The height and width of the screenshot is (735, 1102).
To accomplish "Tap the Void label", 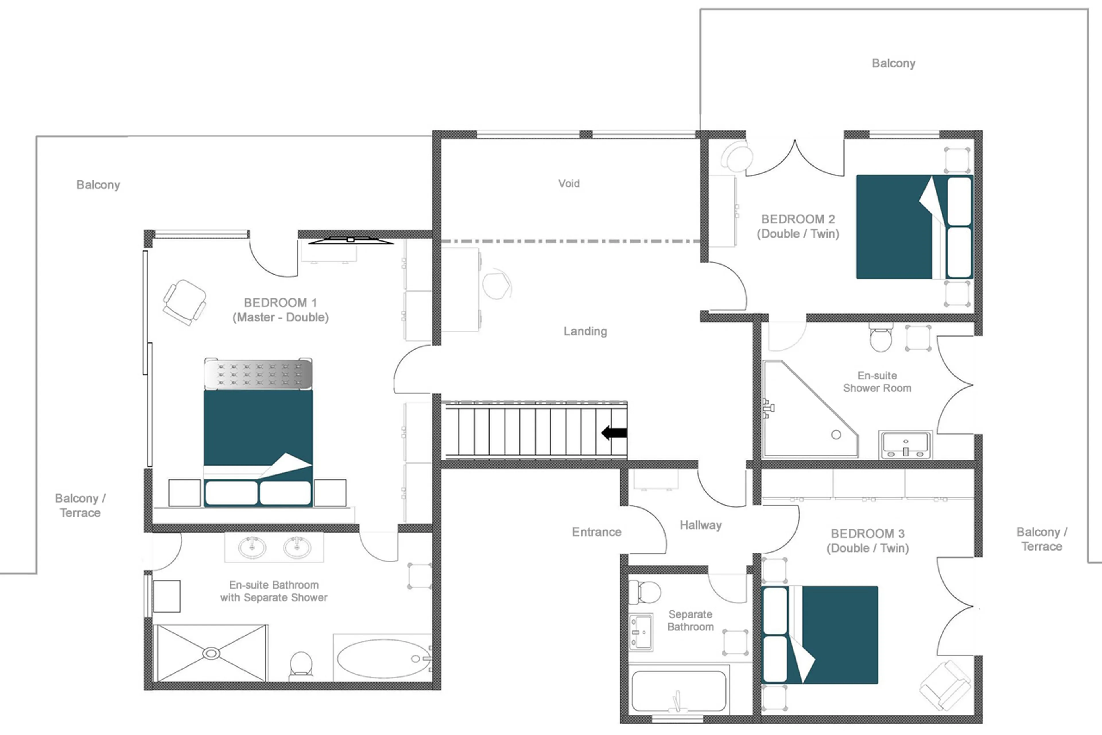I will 569,183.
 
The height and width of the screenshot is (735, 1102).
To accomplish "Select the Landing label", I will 585,331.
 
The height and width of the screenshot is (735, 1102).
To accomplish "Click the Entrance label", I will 596,532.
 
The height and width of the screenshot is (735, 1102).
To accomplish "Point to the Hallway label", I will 700,525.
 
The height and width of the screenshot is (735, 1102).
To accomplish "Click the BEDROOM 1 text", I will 280,303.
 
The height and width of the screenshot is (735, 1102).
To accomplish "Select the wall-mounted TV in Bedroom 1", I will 350,240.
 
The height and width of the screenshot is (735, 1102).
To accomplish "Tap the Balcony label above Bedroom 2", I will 893,63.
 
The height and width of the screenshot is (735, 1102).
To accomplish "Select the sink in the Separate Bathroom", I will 640,632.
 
